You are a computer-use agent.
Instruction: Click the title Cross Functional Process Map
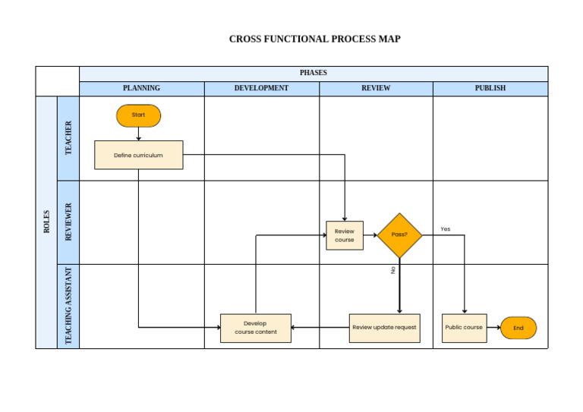tap(314, 39)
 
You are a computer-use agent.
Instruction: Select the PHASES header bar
tap(313, 73)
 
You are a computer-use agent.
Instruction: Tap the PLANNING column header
tap(141, 88)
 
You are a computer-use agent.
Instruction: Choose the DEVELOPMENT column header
tap(261, 88)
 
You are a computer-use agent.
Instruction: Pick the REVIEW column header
tap(376, 88)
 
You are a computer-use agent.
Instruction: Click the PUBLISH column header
tap(490, 88)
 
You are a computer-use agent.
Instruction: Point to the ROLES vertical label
tap(46, 222)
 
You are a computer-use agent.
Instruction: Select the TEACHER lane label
tap(68, 138)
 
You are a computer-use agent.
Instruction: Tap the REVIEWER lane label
tap(68, 222)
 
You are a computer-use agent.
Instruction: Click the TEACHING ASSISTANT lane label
tap(68, 306)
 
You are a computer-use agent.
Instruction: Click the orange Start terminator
tap(138, 115)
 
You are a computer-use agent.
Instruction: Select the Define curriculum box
tap(138, 155)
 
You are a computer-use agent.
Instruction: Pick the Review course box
tap(345, 235)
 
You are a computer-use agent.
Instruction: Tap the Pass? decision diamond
tap(399, 235)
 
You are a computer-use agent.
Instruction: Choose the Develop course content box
tap(255, 328)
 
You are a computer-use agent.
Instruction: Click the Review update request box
tap(384, 328)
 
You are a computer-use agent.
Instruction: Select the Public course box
tap(464, 328)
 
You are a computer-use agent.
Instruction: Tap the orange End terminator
tap(518, 328)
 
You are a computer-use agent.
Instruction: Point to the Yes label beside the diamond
tap(445, 228)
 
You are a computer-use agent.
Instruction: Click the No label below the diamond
tap(393, 270)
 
